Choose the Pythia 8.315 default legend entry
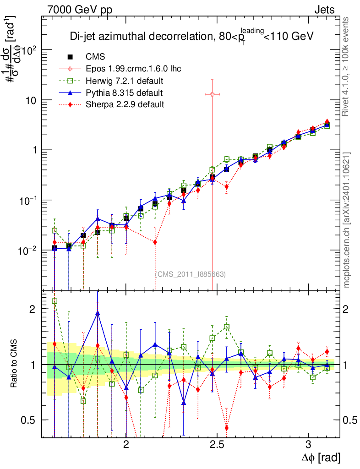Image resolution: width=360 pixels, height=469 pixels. tap(124, 93)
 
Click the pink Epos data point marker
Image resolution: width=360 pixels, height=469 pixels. tap(212, 94)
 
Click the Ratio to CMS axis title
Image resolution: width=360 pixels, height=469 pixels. tap(14, 365)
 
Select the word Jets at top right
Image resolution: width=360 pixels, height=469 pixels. tap(324, 9)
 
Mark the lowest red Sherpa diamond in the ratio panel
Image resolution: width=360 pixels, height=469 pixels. tap(227, 428)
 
